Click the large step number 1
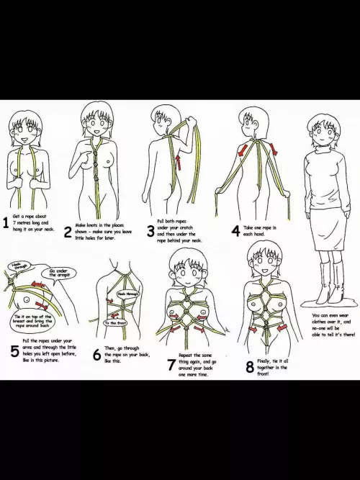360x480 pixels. point(6,224)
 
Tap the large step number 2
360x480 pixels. point(68,232)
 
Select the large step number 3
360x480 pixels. point(150,232)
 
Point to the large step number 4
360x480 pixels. point(235,231)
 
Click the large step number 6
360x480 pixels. point(97,356)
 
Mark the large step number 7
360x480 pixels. point(170,366)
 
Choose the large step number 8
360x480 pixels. point(250,367)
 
